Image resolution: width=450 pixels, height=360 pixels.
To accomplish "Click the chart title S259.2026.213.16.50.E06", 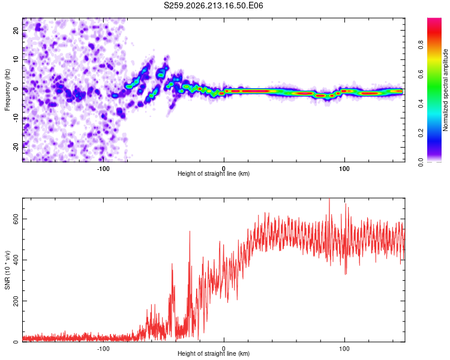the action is point(213,5).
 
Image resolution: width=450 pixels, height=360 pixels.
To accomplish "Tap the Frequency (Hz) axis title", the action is point(7,90).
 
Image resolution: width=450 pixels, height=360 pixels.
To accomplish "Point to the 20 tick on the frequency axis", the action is point(16,30).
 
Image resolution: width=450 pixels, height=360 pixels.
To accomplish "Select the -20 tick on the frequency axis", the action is point(16,148).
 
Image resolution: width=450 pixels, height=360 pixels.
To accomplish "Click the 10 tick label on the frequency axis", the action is point(16,59).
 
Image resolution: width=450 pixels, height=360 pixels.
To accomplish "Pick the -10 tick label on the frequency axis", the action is point(16,118).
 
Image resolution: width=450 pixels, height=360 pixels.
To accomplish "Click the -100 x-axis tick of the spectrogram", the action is point(103,169).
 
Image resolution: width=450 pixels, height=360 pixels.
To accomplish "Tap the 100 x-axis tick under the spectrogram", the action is point(344,169).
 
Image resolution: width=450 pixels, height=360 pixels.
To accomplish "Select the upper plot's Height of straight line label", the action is point(214,173).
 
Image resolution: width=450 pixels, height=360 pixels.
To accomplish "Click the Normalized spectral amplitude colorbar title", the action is point(445,90).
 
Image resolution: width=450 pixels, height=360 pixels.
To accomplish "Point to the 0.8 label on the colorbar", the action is point(421,45).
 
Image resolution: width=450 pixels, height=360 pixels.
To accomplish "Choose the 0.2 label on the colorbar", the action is point(421,133).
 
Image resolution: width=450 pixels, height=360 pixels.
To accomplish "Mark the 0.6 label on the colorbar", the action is point(421,74).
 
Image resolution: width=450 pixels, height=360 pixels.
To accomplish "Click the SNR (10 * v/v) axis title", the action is point(7,270).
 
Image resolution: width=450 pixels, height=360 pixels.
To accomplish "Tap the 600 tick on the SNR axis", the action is point(16,219).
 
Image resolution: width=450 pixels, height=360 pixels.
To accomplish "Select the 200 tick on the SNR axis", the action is point(16,301).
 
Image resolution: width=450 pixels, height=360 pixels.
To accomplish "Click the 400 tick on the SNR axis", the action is point(16,260).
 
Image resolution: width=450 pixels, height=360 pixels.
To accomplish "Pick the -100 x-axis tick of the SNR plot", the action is point(103,349).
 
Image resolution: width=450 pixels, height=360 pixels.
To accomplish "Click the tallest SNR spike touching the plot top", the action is point(329,199).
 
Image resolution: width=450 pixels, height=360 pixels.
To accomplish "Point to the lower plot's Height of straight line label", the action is point(214,353).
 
